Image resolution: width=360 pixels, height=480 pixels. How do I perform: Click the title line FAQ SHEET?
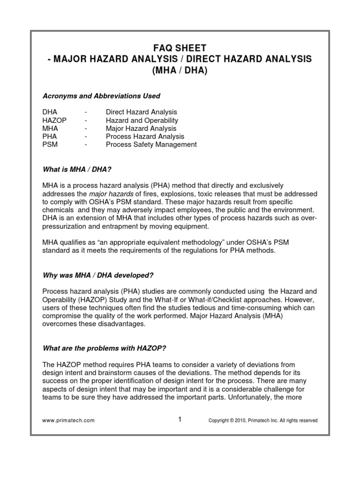pos(180,48)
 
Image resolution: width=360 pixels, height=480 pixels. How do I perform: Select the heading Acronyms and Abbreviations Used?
pos(101,96)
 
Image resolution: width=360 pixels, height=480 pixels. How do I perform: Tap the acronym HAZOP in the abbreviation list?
pos(54,120)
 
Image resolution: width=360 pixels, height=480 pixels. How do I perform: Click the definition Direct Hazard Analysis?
pos(142,112)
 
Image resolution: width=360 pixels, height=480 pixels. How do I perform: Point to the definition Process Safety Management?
pos(151,145)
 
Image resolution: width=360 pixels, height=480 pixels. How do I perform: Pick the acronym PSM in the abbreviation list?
pos(50,145)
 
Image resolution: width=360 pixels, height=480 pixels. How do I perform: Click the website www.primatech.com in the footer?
pos(69,420)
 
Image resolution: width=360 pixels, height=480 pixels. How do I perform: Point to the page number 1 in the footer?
pos(180,420)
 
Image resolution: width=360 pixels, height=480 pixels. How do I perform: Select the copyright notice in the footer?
pos(263,420)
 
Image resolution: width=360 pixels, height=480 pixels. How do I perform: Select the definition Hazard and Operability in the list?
pos(142,120)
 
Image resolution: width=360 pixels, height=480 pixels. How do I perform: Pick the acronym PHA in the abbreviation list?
pos(50,136)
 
